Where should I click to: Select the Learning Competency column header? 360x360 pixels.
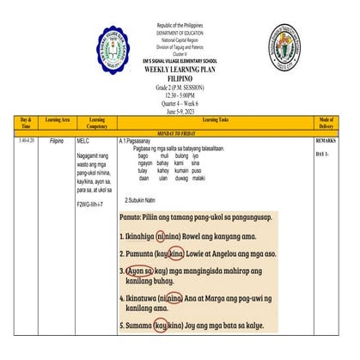click(x=96, y=123)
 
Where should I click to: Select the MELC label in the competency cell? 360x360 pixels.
click(x=83, y=139)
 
